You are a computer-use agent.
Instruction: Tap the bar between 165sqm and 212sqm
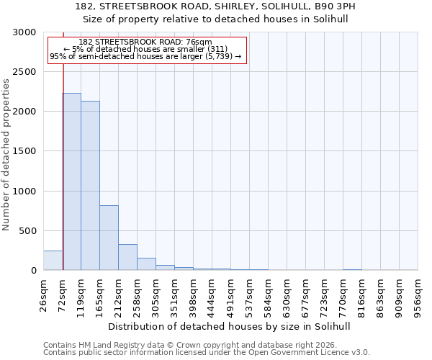tap(109, 238)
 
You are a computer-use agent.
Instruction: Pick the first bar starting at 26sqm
tap(53, 261)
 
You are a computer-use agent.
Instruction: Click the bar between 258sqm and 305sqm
tap(146, 264)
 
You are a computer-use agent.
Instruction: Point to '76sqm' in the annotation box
tap(199, 42)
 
